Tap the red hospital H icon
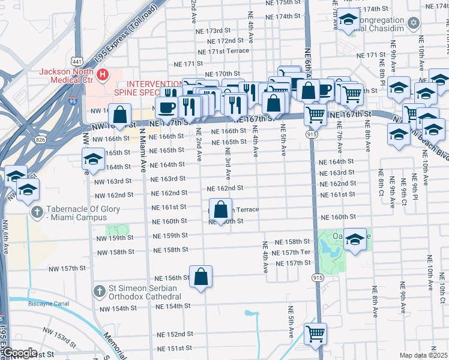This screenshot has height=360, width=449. (103, 75)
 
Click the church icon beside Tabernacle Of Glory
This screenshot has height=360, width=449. (37, 213)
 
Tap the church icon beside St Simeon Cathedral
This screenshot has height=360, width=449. (100, 291)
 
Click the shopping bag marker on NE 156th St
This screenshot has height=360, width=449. (201, 277)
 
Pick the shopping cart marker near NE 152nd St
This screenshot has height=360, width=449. (315, 334)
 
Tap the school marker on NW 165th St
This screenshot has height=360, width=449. (93, 160)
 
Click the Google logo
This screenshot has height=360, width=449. (20, 353)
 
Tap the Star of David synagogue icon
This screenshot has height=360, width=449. (412, 23)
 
